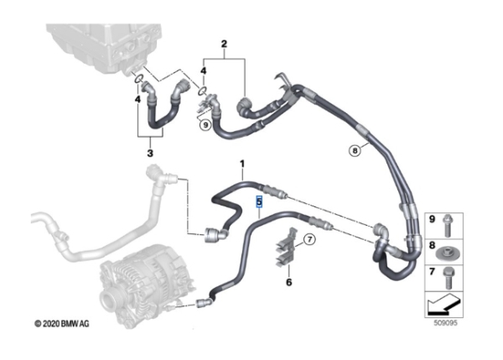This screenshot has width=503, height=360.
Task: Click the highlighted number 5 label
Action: click(x=259, y=202)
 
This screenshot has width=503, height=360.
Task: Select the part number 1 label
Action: click(x=242, y=164)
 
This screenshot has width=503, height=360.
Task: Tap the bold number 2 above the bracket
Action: click(x=224, y=44)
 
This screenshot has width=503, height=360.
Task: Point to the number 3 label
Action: click(x=150, y=154)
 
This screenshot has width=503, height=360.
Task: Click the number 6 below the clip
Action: click(x=288, y=282)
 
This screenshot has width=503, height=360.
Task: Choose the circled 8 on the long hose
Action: click(x=355, y=150)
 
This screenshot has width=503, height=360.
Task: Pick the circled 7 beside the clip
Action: click(x=309, y=239)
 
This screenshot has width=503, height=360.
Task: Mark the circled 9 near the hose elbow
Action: click(x=205, y=124)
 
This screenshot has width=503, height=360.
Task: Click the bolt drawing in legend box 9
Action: click(x=447, y=226)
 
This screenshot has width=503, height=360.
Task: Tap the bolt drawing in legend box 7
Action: click(x=448, y=279)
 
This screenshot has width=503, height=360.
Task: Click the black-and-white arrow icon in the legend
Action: click(x=443, y=304)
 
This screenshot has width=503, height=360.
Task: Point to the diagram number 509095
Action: click(x=445, y=323)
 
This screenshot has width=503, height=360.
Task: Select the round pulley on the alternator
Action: click(x=108, y=302)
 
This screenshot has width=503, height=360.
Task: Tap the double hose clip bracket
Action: click(x=285, y=248)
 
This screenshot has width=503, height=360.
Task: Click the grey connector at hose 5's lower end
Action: click(x=204, y=302)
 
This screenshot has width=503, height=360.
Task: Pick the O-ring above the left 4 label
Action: click(x=138, y=79)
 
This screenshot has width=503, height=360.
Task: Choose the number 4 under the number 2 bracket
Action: click(x=204, y=70)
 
